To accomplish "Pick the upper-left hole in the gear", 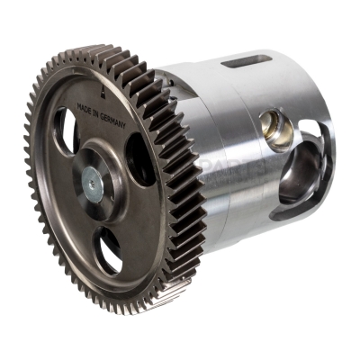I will pos(66,131).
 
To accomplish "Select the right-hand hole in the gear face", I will pos(139,158).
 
